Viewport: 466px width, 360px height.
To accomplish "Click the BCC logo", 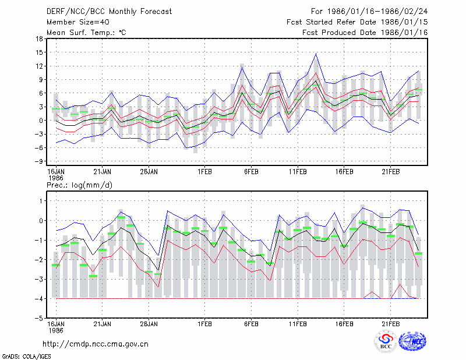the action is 386,342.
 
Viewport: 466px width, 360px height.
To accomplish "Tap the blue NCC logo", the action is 412,341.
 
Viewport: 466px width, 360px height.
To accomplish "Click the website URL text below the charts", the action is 96,344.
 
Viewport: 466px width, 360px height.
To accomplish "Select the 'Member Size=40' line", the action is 78,22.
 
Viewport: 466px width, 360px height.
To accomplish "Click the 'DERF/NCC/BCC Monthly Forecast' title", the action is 109,12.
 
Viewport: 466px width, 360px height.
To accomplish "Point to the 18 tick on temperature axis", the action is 39,38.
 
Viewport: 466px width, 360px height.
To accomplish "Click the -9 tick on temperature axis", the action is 39,161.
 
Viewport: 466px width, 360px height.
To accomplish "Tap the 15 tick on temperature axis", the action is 39,52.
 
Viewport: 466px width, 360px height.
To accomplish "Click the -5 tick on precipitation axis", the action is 39,319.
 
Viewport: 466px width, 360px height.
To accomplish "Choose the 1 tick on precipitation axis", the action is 41,201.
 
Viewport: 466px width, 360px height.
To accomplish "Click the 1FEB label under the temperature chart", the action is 204,172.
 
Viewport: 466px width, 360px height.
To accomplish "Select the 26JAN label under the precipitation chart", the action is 149,324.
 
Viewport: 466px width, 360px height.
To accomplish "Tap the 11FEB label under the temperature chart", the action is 298,172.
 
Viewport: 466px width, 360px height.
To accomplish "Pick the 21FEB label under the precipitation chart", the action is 390,324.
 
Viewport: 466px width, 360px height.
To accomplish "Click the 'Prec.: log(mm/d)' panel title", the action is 79,185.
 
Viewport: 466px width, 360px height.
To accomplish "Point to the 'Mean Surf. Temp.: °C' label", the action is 86,33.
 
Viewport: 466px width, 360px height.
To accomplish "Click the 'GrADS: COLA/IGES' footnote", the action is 26,357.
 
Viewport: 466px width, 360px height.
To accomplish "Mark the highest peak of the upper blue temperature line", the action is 316,54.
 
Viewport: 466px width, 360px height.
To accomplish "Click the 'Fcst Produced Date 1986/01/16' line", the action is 365,33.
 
